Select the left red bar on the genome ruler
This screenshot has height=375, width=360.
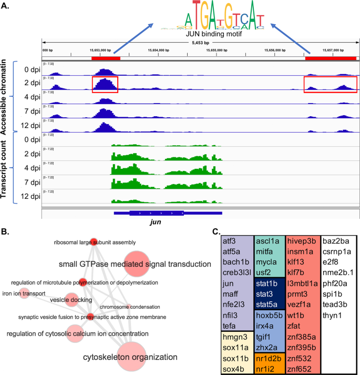tap(106, 58)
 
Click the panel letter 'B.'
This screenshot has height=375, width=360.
tap(7, 231)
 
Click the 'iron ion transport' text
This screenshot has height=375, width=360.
tap(23, 293)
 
